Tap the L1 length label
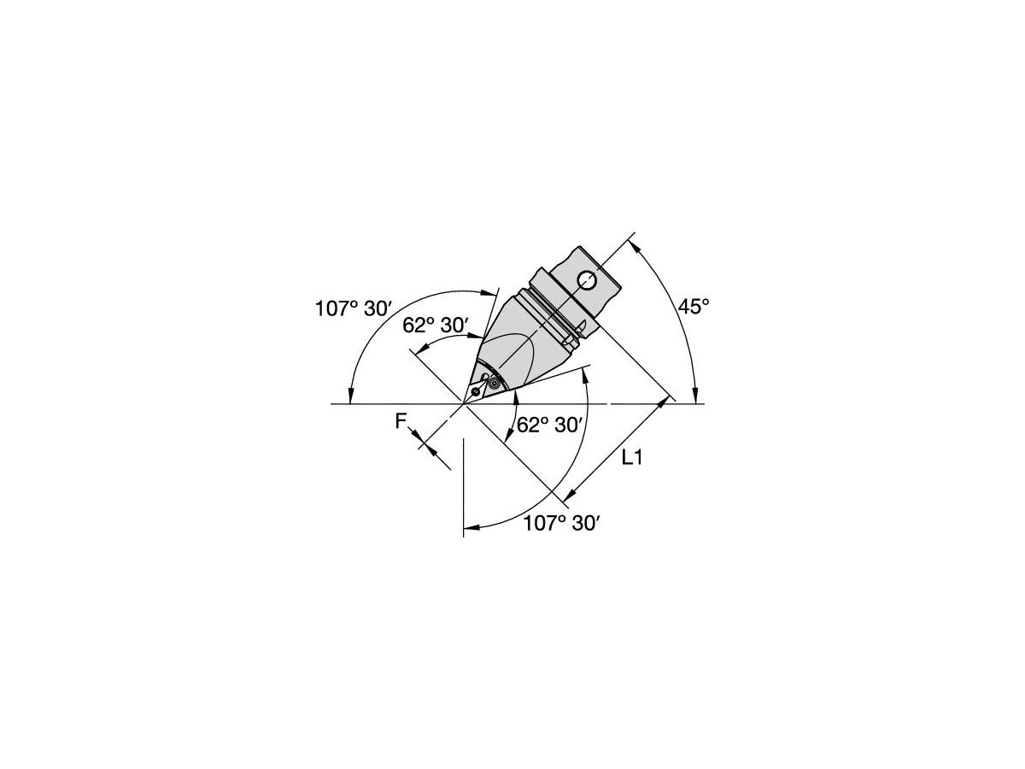point(632,458)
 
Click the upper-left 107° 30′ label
point(352,309)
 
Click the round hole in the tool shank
point(586,279)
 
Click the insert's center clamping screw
point(476,392)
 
